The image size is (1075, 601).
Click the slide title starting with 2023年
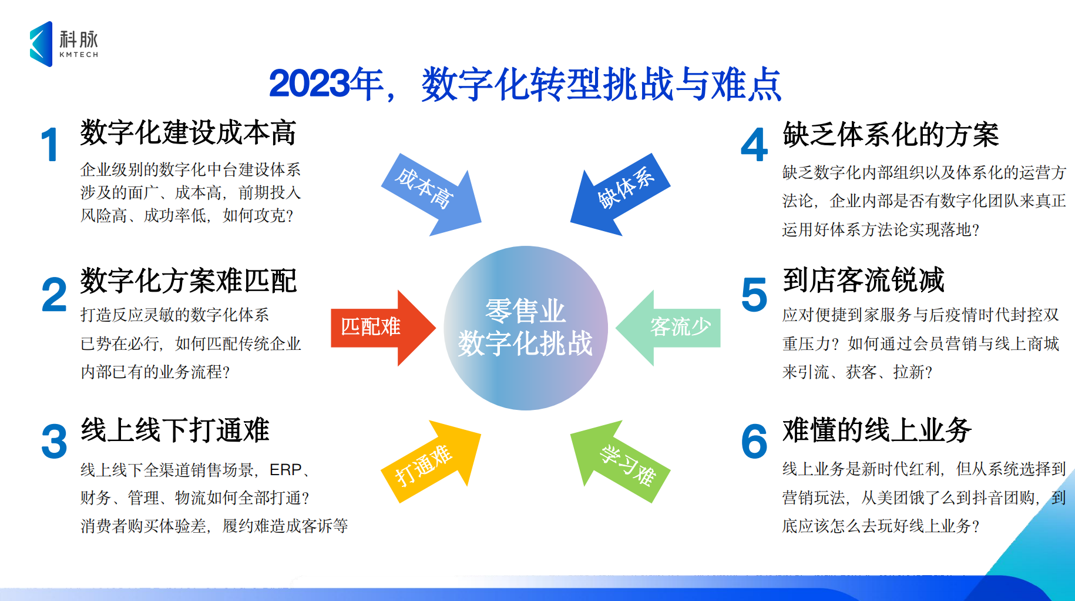[525, 84]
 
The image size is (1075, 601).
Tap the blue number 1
[51, 145]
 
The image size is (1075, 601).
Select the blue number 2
[54, 295]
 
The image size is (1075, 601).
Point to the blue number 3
[54, 442]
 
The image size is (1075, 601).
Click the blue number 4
[754, 145]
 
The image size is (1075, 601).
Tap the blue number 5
[754, 295]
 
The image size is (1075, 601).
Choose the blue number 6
[754, 442]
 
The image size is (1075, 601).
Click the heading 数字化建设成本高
[188, 132]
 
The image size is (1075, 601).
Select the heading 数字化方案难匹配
[189, 281]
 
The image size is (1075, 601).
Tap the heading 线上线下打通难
[175, 430]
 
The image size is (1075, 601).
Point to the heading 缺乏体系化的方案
[891, 135]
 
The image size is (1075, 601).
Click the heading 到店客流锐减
[864, 280]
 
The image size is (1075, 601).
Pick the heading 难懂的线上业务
[877, 430]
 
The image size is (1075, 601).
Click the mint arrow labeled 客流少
[668, 328]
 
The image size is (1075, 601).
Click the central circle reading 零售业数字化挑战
[526, 328]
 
